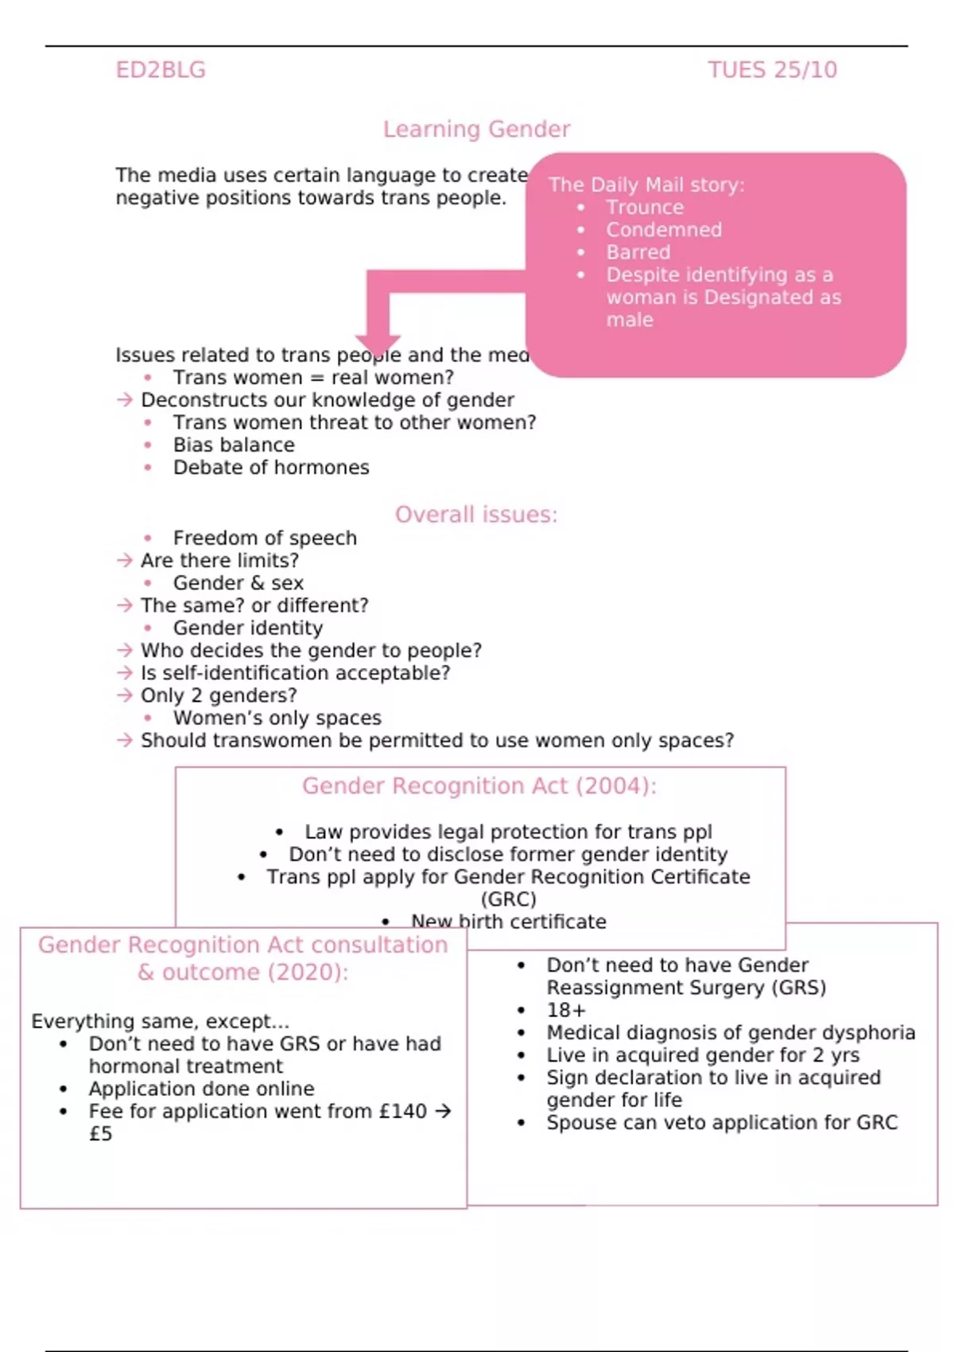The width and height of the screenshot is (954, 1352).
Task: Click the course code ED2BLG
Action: [161, 70]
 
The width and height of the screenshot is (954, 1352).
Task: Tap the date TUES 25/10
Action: [772, 70]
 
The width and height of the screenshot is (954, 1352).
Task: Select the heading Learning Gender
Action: [476, 129]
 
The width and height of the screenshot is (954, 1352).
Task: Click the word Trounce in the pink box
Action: [645, 208]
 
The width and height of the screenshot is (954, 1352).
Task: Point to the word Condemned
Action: [664, 230]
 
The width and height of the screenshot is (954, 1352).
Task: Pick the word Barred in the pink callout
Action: [638, 252]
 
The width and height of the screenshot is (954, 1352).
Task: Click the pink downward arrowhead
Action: [378, 340]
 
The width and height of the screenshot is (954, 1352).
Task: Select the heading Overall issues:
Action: [476, 515]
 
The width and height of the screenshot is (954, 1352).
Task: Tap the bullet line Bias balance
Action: [234, 445]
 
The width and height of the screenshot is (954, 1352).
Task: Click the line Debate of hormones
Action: [271, 468]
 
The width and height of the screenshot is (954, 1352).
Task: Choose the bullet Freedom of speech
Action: [265, 538]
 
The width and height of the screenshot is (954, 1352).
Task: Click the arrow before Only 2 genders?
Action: [125, 695]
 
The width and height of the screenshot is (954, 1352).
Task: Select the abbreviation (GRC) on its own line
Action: [509, 899]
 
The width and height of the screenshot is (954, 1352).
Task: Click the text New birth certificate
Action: [508, 922]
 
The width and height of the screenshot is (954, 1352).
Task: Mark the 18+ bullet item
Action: [566, 1010]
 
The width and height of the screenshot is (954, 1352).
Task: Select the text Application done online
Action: [201, 1089]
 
